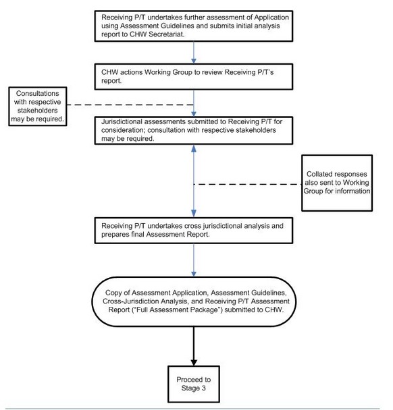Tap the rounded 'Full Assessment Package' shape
click(194, 300)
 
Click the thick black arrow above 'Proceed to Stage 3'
click(194, 345)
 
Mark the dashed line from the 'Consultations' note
click(135, 105)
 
